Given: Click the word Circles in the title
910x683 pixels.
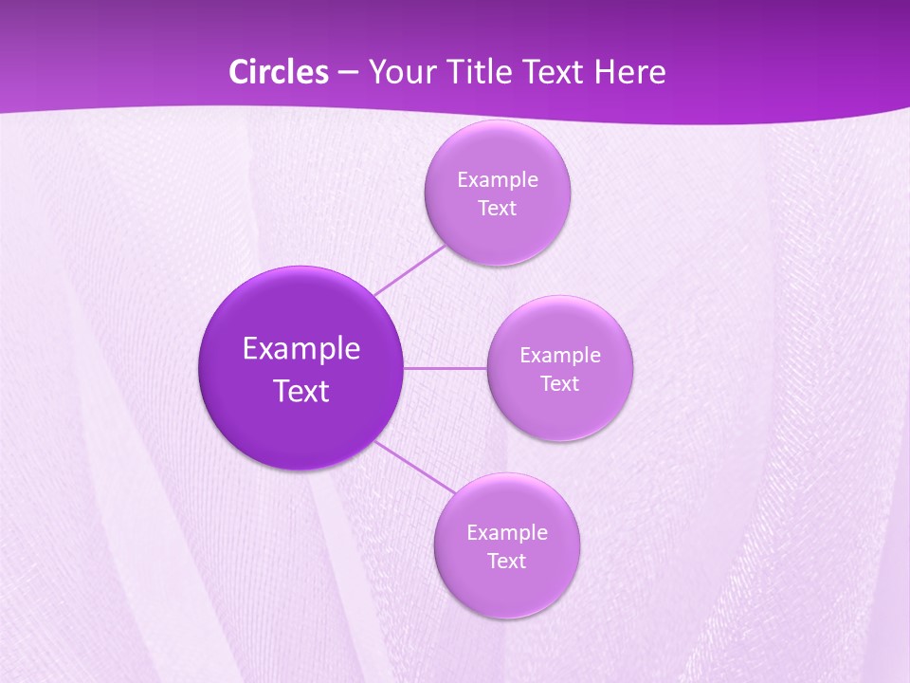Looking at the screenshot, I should pyautogui.click(x=279, y=72).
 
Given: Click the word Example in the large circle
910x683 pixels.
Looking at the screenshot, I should pyautogui.click(x=301, y=349).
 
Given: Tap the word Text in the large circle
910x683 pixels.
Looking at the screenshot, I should pyautogui.click(x=301, y=391).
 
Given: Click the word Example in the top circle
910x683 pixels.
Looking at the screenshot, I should pyautogui.click(x=497, y=180).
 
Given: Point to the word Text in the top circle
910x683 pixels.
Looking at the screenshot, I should pyautogui.click(x=497, y=209).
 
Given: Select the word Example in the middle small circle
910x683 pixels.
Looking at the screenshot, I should pyautogui.click(x=559, y=356).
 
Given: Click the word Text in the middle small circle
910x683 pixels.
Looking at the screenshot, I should pyautogui.click(x=559, y=384).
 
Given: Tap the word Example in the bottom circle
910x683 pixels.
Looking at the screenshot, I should pyautogui.click(x=506, y=533).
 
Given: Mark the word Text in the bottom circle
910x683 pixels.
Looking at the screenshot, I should pyautogui.click(x=506, y=562).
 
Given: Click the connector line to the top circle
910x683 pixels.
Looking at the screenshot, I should pyautogui.click(x=409, y=269).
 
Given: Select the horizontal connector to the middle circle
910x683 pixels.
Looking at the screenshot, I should pyautogui.click(x=446, y=368).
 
